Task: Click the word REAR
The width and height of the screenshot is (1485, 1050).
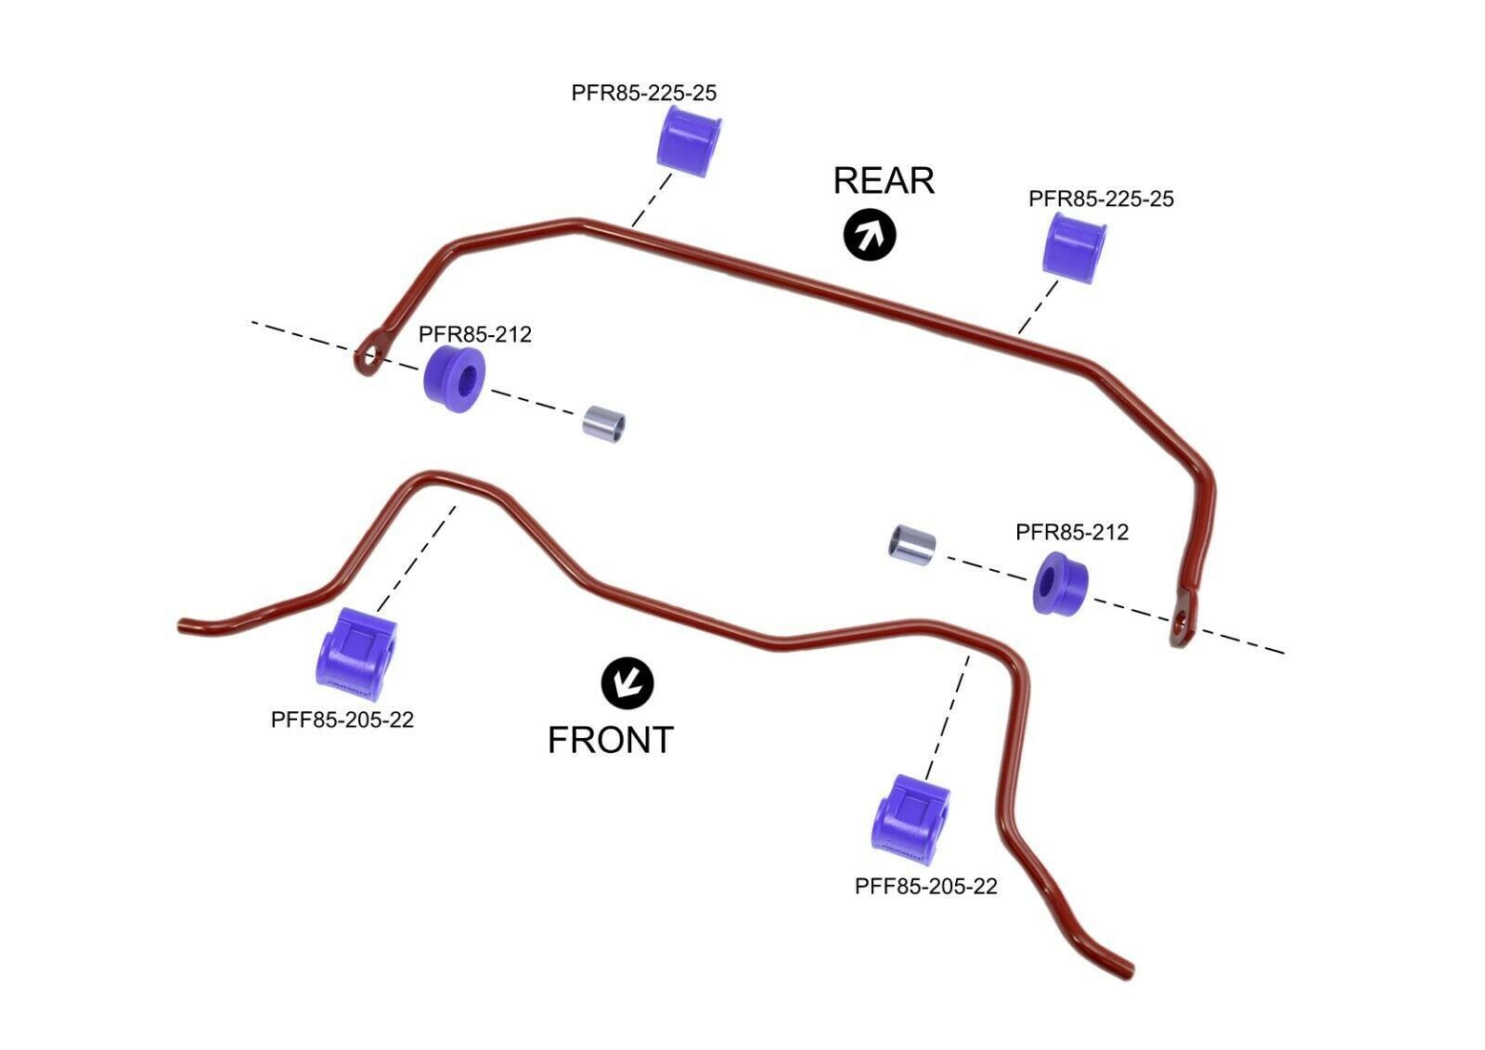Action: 884,180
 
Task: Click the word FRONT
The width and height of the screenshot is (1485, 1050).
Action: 611,740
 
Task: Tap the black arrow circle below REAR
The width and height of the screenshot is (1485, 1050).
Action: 870,235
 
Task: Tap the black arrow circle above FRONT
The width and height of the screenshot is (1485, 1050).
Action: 627,683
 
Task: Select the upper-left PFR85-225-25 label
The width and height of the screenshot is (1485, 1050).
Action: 644,93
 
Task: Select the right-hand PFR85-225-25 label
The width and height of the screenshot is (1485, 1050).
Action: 1101,199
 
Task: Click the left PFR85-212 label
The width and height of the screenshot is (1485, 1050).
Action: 474,334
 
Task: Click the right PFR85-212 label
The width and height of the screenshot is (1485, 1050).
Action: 1072,532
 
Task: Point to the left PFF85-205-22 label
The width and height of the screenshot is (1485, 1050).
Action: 342,719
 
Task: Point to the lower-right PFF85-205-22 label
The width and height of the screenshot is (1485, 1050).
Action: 926,887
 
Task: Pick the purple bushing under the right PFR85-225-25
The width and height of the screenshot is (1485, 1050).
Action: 1074,248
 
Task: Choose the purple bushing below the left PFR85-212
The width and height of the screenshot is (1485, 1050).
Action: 454,378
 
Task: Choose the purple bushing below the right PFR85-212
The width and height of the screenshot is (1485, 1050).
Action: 1060,583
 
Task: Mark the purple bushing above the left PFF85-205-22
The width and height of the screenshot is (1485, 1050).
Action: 356,654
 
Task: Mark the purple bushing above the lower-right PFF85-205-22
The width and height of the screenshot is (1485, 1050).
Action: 910,820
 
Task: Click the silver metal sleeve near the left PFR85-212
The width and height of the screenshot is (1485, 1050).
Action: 603,424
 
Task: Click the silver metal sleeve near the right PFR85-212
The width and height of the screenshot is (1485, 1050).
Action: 912,545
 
